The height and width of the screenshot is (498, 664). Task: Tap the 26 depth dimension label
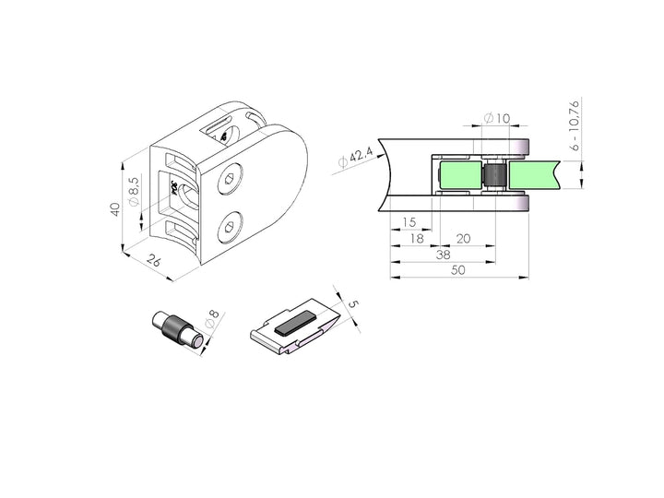[x=155, y=263]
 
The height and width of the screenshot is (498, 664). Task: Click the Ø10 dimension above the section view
[x=498, y=118]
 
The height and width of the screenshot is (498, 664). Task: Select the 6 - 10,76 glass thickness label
[x=574, y=125]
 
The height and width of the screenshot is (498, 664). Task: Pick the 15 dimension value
[x=410, y=223]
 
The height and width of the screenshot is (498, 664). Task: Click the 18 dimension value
[x=417, y=238]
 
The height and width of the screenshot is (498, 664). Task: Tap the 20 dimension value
[x=463, y=238]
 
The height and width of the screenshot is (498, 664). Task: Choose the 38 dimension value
[x=443, y=254]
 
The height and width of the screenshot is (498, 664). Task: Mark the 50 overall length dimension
[x=458, y=269]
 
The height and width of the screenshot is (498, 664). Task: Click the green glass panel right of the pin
[x=535, y=174]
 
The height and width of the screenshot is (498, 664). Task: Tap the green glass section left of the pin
[x=461, y=174]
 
